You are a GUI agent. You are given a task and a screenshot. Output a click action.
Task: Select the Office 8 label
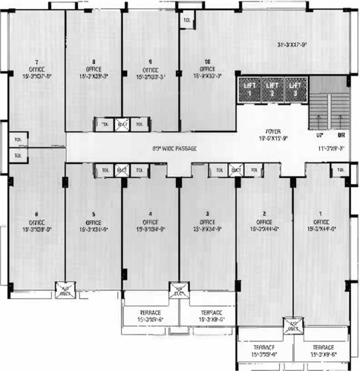coord(94,68)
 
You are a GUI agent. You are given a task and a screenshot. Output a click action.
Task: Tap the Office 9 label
coord(151,68)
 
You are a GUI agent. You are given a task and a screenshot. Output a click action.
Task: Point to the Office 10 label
coord(208,68)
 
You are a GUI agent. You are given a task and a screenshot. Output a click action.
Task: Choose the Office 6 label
coord(36,222)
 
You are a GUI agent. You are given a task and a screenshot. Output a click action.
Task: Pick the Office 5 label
coord(94,222)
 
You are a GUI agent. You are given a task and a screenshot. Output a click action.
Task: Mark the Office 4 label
coord(151,222)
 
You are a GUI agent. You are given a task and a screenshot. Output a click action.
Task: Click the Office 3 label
coord(208,222)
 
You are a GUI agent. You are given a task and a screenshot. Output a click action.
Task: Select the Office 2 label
coord(265,222)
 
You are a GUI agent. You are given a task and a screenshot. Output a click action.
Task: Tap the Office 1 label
coord(321,222)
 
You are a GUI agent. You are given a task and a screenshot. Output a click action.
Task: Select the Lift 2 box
coord(272,90)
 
